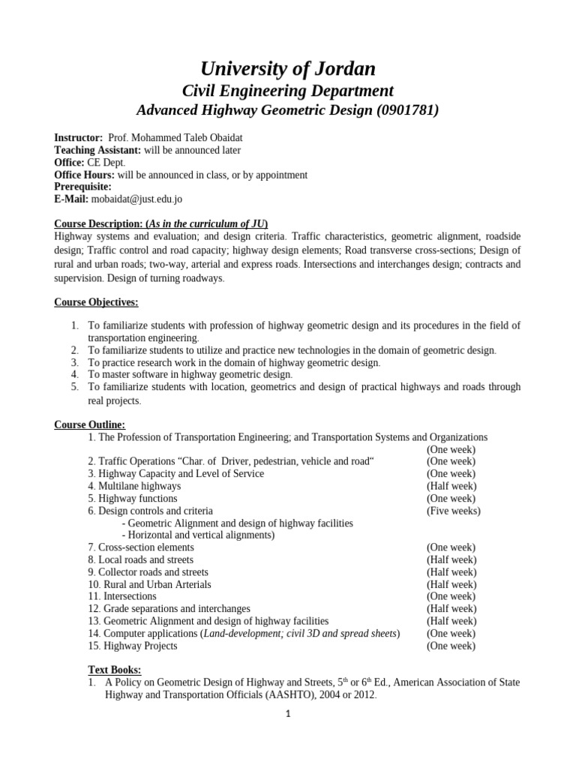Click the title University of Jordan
coord(288,69)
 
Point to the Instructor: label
coord(79,139)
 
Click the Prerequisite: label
coord(83,187)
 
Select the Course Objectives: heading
coord(96,302)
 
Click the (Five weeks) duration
coord(454,511)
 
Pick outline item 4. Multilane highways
coord(134,486)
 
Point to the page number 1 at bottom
coord(287,715)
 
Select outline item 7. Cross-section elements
coord(141,547)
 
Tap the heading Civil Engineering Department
coord(288,91)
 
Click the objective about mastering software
coord(190,374)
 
